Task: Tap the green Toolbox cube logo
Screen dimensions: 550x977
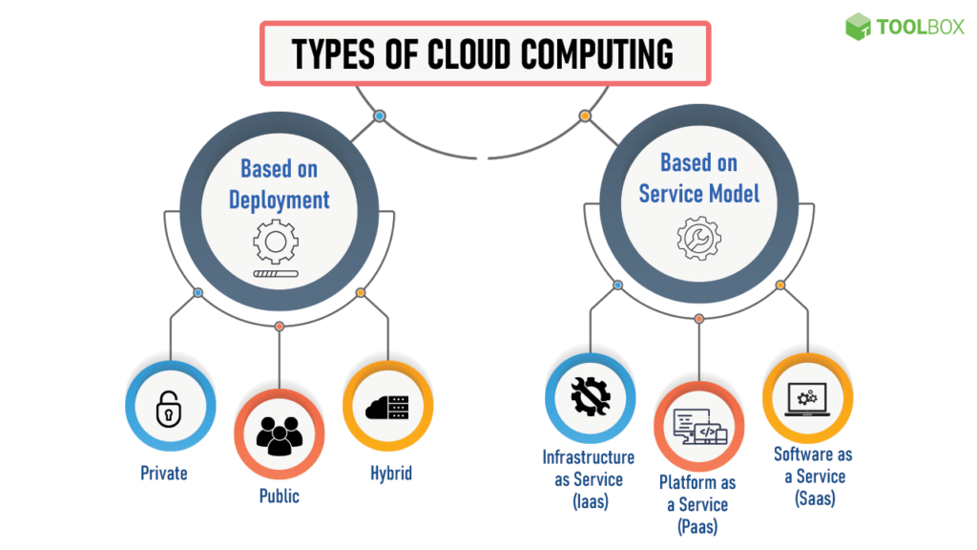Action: pyautogui.click(x=859, y=27)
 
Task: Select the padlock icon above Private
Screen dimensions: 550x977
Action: pyautogui.click(x=169, y=409)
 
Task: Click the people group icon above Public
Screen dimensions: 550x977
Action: pyautogui.click(x=279, y=434)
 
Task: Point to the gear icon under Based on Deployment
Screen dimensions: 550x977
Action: pyautogui.click(x=276, y=240)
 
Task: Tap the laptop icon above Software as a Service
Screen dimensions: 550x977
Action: pyautogui.click(x=807, y=399)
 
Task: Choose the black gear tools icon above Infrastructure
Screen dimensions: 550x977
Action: pyautogui.click(x=590, y=397)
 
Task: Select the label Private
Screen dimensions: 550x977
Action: pyautogui.click(x=164, y=473)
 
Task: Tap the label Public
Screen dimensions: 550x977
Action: pyautogui.click(x=279, y=497)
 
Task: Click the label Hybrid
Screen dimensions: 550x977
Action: pyautogui.click(x=391, y=473)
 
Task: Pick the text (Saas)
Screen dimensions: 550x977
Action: pyautogui.click(x=813, y=497)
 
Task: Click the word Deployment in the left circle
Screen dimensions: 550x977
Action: pyautogui.click(x=279, y=200)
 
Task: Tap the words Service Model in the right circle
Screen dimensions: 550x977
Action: pyautogui.click(x=698, y=193)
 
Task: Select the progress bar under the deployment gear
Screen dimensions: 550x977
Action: pyautogui.click(x=276, y=273)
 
